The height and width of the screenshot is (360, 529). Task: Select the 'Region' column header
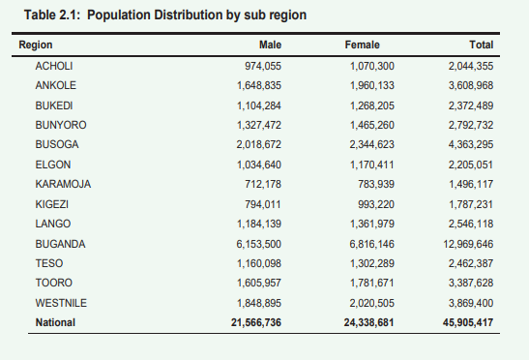click(x=36, y=45)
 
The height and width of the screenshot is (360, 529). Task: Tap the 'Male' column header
click(x=270, y=45)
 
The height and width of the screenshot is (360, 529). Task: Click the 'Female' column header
click(x=362, y=45)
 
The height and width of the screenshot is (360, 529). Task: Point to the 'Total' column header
click(x=481, y=45)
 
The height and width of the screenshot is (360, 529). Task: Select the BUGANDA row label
click(x=60, y=243)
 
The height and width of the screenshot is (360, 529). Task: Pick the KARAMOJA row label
click(x=63, y=184)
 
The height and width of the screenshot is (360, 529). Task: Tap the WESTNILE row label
click(x=61, y=302)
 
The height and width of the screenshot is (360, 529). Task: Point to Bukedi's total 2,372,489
click(x=471, y=105)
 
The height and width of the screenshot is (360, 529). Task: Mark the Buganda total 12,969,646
click(x=468, y=243)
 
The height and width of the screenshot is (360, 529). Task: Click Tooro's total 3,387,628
click(x=471, y=283)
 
